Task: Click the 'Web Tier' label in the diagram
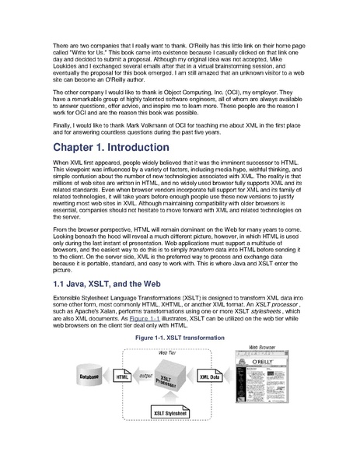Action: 166,352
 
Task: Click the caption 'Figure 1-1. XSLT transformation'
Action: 180,338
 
